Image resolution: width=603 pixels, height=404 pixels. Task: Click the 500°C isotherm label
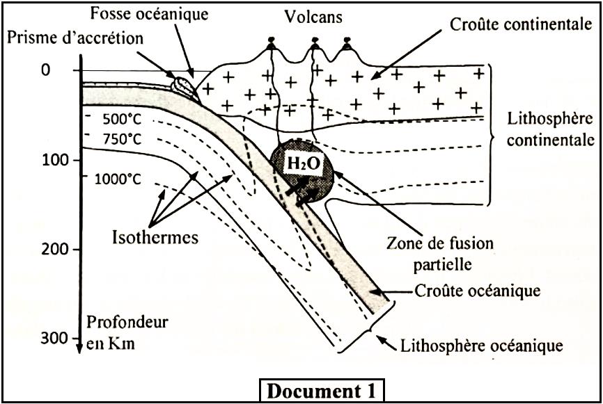coord(121,118)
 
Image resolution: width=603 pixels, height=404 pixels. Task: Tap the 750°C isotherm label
coord(121,139)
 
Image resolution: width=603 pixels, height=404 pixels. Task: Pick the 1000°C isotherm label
coord(118,179)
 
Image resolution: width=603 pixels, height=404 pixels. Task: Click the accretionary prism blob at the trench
coord(185,88)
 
